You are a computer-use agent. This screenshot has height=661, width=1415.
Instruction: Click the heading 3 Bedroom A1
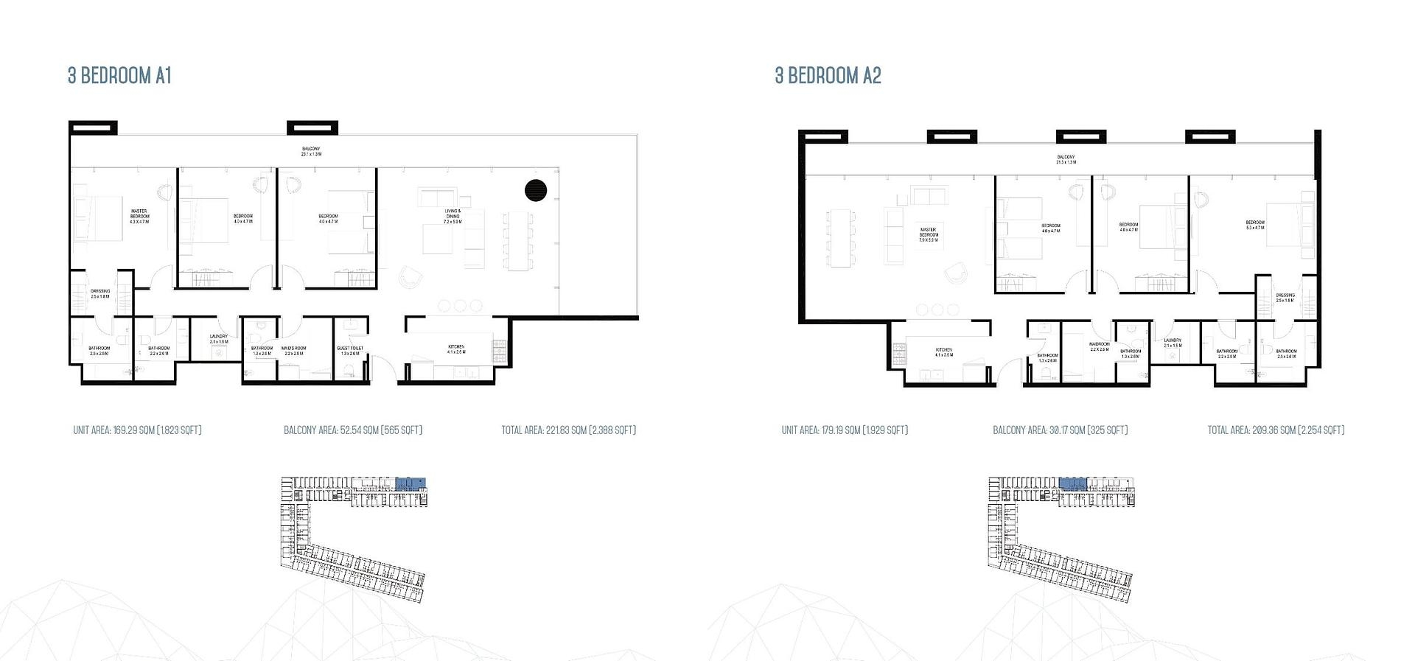click(x=119, y=76)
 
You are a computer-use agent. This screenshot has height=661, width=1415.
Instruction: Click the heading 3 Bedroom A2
click(x=828, y=76)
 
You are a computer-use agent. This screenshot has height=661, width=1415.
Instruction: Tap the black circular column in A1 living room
click(x=536, y=190)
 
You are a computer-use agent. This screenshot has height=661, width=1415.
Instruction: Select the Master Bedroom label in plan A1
click(x=139, y=216)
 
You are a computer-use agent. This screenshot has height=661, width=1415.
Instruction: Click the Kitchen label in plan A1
click(x=456, y=349)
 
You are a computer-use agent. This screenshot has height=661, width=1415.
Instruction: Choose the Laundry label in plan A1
click(x=219, y=339)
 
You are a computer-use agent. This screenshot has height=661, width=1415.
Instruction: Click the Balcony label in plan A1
click(x=310, y=151)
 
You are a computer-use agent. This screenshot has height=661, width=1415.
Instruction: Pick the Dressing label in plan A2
click(x=1285, y=297)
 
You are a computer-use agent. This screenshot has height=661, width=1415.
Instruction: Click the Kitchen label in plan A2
click(x=943, y=352)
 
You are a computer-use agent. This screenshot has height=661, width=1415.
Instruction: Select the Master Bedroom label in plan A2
click(x=929, y=234)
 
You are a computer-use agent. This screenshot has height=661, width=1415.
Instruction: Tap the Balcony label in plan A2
click(x=1066, y=159)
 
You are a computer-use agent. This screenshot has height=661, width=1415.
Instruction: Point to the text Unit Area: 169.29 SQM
click(x=137, y=430)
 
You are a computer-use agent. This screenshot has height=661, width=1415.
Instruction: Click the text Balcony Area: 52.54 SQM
click(x=352, y=430)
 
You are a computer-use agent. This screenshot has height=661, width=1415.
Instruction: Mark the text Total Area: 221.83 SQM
click(x=568, y=430)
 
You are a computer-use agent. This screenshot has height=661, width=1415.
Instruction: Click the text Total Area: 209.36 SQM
click(x=1276, y=430)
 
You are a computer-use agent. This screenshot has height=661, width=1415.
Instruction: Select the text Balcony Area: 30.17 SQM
click(x=1060, y=430)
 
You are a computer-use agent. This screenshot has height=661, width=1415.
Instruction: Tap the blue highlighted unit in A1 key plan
click(x=410, y=484)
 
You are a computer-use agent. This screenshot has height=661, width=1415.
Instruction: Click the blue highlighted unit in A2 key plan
click(x=1072, y=483)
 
